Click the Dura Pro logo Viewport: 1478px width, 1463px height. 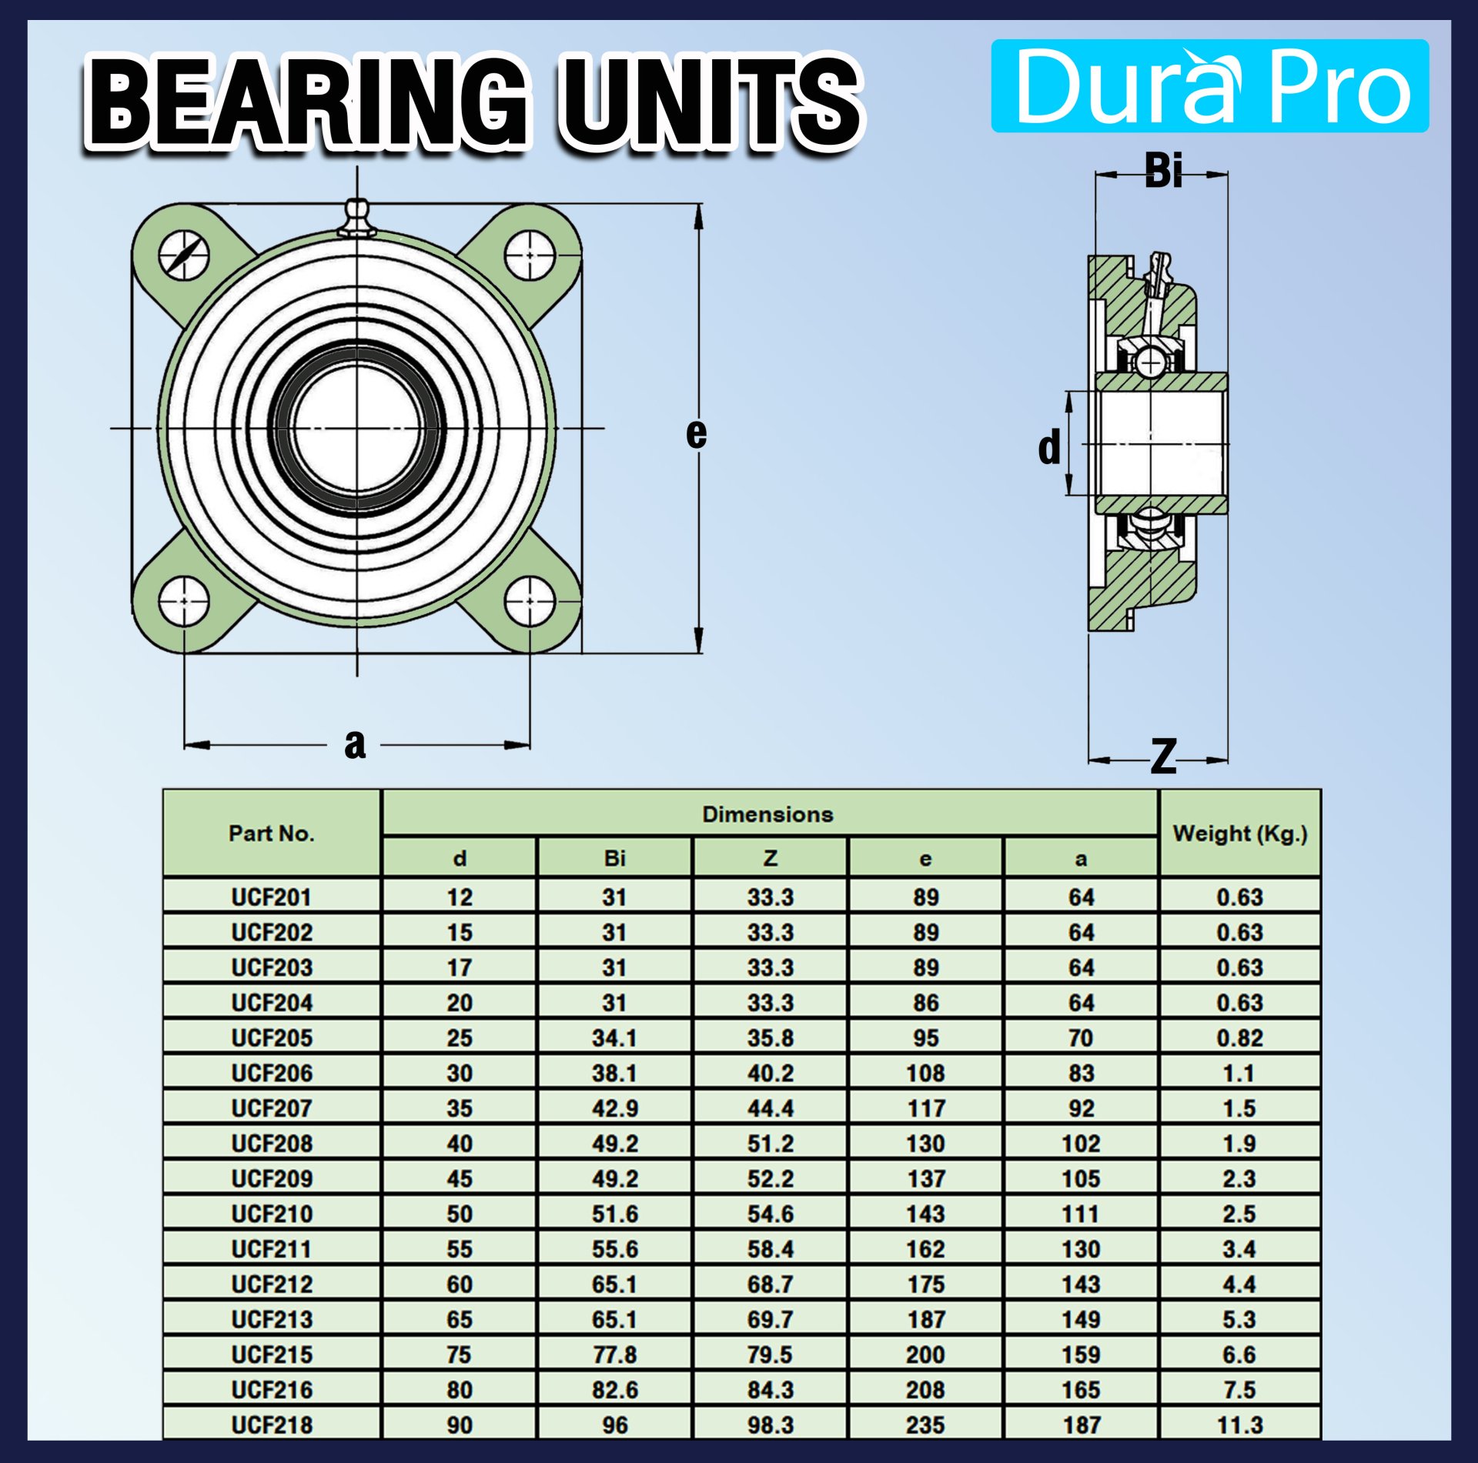pyautogui.click(x=1209, y=86)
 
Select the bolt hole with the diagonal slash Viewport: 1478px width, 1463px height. pyautogui.click(x=184, y=255)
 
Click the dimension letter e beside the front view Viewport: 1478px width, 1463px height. pyautogui.click(x=696, y=433)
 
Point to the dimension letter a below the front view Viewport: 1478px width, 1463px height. pyautogui.click(x=355, y=744)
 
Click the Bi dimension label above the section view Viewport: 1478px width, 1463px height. pyautogui.click(x=1162, y=171)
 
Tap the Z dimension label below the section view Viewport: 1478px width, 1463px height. pyautogui.click(x=1163, y=757)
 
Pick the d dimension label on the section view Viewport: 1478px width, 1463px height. pyautogui.click(x=1048, y=448)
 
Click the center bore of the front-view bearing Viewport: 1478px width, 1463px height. pyautogui.click(x=357, y=429)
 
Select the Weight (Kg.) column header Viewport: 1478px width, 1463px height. pyautogui.click(x=1239, y=833)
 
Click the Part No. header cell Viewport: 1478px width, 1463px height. pyautogui.click(x=272, y=833)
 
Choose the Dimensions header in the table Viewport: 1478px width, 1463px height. pyautogui.click(x=767, y=814)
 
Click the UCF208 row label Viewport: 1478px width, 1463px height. pyautogui.click(x=272, y=1144)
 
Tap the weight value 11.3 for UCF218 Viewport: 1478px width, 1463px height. pyautogui.click(x=1239, y=1425)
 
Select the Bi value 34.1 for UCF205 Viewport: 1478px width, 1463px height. pyautogui.click(x=614, y=1038)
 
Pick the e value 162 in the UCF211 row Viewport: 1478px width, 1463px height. pyautogui.click(x=925, y=1249)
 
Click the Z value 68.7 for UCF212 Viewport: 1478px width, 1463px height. pyautogui.click(x=770, y=1284)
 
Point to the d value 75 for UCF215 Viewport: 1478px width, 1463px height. pyautogui.click(x=459, y=1354)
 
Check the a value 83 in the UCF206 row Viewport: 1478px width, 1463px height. pyautogui.click(x=1081, y=1073)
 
